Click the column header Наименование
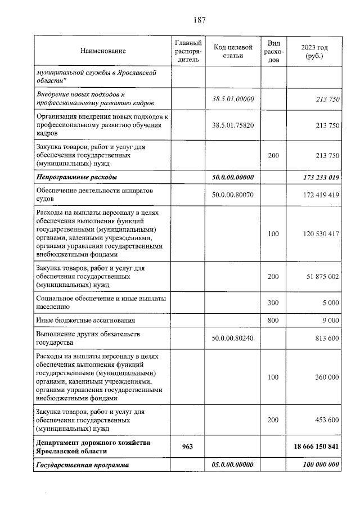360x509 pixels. (103, 51)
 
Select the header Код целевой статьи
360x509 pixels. (233, 51)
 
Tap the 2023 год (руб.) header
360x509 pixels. (314, 51)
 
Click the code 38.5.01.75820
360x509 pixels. (233, 125)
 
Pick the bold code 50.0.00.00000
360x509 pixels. (233, 177)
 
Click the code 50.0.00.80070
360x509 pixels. (233, 195)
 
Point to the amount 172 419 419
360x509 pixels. (318, 195)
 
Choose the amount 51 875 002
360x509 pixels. (319, 276)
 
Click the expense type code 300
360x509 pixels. (273, 303)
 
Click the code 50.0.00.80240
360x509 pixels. (233, 338)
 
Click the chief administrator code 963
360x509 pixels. (188, 447)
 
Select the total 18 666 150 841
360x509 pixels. (316, 447)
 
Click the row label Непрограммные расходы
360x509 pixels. (77, 177)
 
